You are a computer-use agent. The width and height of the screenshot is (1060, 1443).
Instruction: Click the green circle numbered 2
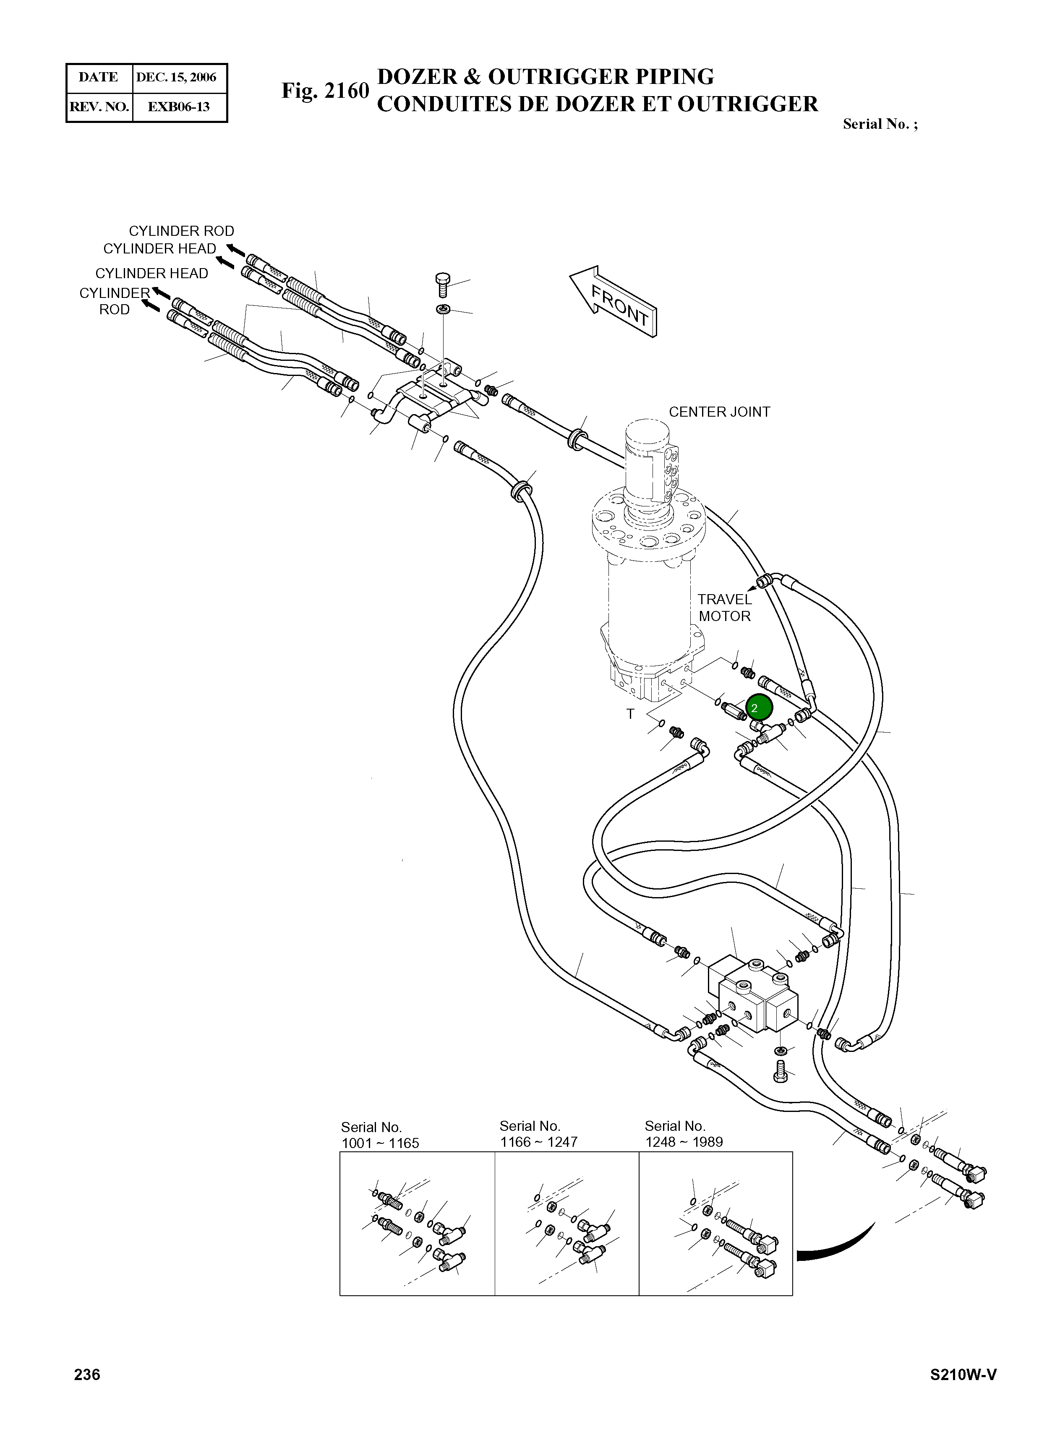coord(759,708)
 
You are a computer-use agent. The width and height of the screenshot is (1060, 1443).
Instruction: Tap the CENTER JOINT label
coord(719,412)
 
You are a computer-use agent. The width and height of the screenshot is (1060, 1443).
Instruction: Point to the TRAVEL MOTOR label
coord(724,608)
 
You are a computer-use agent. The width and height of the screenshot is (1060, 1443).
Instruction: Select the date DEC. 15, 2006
coord(176,78)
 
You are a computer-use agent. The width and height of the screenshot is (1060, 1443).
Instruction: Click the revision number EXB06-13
coord(178,107)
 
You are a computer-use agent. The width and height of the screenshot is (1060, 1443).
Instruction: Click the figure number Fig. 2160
coord(325,91)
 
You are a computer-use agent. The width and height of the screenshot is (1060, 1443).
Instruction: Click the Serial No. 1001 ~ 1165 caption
coord(380,1135)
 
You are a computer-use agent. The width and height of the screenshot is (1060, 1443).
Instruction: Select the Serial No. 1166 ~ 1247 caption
coord(538,1134)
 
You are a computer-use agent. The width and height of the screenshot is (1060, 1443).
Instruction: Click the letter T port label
coord(630,714)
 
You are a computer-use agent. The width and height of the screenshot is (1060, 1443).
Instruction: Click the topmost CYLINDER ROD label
coord(182,231)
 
